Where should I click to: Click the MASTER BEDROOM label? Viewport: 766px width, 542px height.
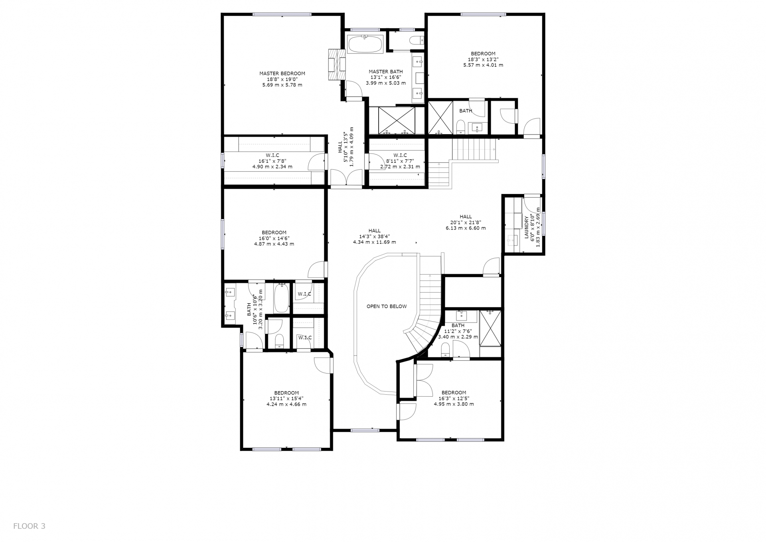282,73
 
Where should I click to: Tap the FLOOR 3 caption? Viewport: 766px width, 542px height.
29,526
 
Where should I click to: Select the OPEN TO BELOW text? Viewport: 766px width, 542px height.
387,307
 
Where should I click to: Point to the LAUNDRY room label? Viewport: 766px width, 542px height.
527,227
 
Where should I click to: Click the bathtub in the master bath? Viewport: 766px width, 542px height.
365,44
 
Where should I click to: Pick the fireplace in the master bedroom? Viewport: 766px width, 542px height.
337,65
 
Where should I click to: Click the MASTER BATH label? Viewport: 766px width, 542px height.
385,72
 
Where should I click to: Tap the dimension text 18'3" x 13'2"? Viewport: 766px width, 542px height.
483,59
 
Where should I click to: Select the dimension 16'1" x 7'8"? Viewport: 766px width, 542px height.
272,161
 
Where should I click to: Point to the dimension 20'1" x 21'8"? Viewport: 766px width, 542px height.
466,222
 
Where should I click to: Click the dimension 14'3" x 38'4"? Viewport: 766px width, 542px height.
374,236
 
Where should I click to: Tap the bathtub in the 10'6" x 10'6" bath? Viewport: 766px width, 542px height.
281,298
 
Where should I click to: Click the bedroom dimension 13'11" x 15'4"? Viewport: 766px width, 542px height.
286,398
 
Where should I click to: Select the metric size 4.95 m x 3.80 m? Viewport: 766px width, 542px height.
454,404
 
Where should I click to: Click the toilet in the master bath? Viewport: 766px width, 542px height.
417,40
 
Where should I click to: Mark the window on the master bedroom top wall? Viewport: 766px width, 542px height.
282,15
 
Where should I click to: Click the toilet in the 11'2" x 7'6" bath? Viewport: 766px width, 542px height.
446,350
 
